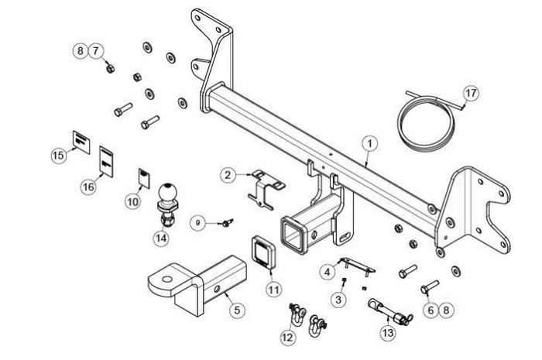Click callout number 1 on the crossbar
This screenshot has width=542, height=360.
pos(370,143)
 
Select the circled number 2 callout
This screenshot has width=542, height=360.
pos(227,175)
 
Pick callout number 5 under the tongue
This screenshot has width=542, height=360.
pos(238,310)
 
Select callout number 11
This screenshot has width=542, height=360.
pos(273,290)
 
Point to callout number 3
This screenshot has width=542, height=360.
pos(338,298)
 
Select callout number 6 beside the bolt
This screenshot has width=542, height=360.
pos(431,310)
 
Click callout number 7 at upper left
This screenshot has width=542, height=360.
pos(97,51)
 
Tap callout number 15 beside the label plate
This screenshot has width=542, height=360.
pos(58,156)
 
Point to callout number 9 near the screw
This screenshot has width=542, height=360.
pos(198,222)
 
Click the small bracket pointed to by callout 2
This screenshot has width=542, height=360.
pos(263,188)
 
